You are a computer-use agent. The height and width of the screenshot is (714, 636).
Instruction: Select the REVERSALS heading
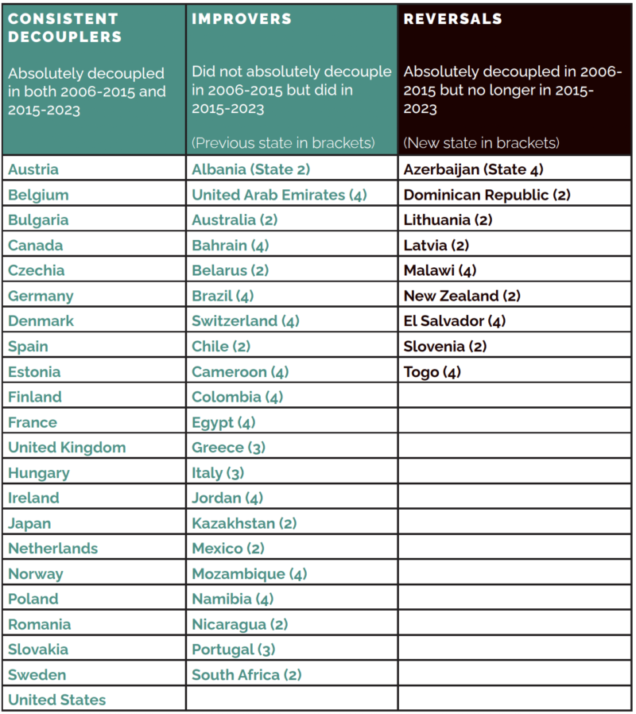tap(452, 18)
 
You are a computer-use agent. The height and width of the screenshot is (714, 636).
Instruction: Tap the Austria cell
tap(33, 169)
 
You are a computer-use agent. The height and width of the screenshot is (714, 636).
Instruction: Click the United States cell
tap(56, 700)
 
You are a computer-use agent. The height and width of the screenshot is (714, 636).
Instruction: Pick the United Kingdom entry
tap(67, 447)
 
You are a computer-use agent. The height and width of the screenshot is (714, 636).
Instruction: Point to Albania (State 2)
tap(250, 169)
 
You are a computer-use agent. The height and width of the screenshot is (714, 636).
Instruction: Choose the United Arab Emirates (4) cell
tap(279, 195)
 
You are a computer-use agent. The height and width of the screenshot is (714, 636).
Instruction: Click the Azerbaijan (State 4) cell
tap(473, 169)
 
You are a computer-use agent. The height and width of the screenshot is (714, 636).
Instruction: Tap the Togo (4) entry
tap(432, 371)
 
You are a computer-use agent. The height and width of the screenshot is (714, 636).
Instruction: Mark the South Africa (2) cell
tap(246, 674)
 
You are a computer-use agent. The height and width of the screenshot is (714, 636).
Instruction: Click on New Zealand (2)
tap(462, 296)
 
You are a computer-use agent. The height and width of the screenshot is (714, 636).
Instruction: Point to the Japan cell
tap(29, 523)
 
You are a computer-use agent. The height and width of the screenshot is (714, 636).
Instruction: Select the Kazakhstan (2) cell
tap(244, 523)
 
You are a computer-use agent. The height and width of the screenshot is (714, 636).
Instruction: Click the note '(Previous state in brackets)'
tap(282, 143)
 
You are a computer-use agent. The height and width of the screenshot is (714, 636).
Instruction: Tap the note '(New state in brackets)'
tap(481, 143)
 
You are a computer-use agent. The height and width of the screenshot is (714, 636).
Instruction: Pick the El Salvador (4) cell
tap(454, 321)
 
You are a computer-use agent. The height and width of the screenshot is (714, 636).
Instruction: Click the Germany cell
tap(41, 296)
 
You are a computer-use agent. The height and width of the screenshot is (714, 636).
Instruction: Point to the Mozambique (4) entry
tap(249, 573)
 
